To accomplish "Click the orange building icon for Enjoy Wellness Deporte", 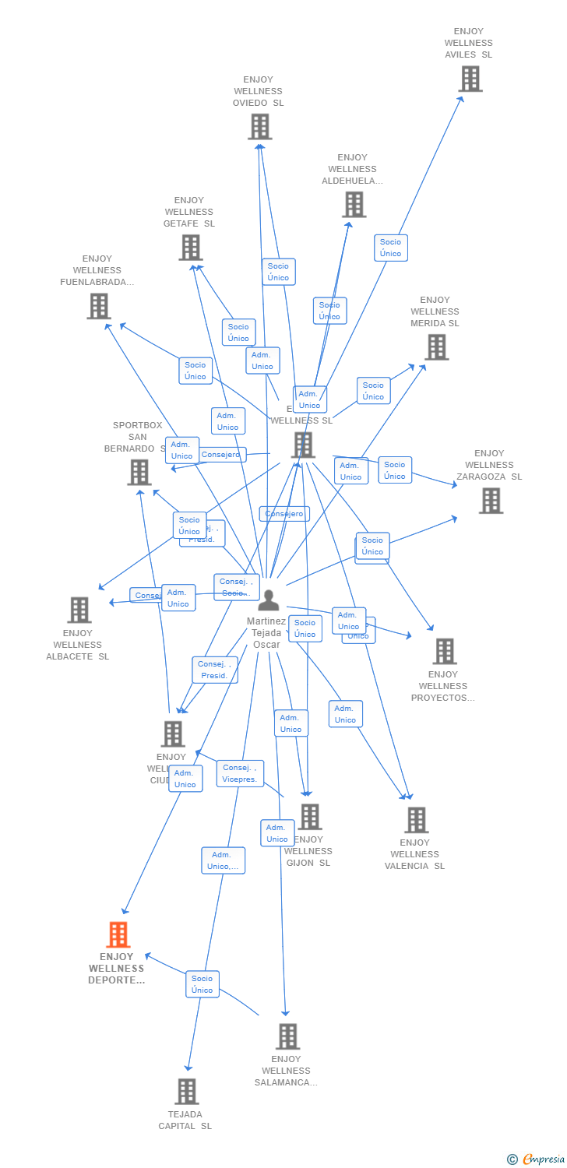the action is point(118,934).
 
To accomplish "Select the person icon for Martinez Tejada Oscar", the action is point(268,600).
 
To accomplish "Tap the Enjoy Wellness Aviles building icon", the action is point(470,79).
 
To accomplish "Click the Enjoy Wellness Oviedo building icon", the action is point(259,126).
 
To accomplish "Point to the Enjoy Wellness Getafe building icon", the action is point(190,248).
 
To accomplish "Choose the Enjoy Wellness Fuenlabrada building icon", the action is point(98,306).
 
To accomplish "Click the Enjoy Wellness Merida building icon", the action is point(436,347).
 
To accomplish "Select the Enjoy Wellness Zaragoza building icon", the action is point(491,501).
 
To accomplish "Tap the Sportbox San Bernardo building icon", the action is point(139,472).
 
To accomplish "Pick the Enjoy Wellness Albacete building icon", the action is point(79,610).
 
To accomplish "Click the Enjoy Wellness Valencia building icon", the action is point(416,820).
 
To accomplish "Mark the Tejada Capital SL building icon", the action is point(186,1092).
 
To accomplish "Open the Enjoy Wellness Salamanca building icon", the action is point(287,1036).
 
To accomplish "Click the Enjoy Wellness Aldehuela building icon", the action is point(354,205).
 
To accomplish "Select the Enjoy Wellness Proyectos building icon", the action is point(444,651).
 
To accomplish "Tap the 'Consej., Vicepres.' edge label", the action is point(240,773).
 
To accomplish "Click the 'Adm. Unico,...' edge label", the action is point(224,860).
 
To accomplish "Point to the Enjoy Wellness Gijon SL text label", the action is point(308,851).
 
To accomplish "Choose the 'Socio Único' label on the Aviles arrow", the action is point(390,248).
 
